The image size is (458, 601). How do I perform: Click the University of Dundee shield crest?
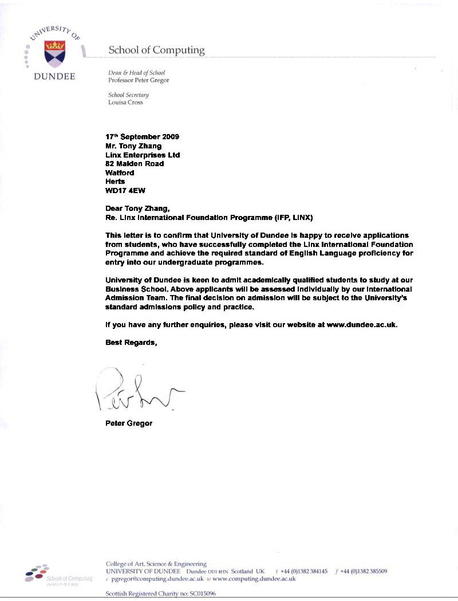(55, 53)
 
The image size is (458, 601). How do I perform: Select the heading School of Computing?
(156, 50)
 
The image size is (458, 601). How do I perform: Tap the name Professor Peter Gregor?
(139, 80)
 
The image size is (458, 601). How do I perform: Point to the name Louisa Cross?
(125, 103)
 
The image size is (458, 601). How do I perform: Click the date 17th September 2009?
(143, 137)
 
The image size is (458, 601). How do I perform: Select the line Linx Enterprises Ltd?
(143, 155)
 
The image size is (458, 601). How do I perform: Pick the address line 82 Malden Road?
(135, 164)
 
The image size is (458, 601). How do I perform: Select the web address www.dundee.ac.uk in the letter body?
(361, 325)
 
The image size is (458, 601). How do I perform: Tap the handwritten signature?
(135, 391)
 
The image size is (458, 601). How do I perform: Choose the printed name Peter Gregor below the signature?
(129, 424)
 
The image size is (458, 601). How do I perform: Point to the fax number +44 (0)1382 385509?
(364, 572)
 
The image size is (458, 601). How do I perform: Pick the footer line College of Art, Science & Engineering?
(156, 564)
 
